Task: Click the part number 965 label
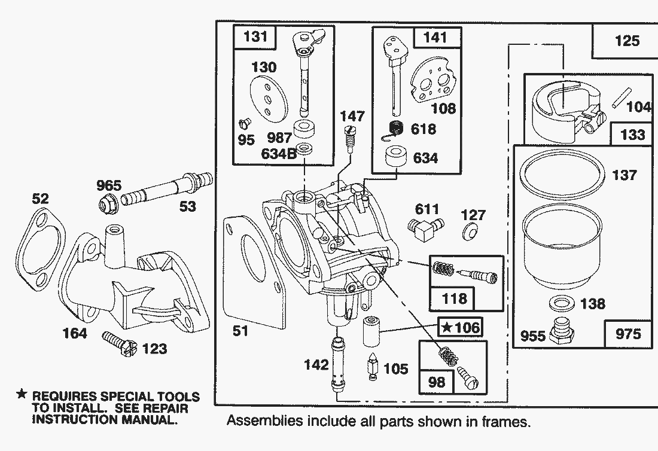109,185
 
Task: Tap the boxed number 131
256,37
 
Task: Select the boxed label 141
434,37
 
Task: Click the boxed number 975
627,334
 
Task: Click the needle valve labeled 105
372,367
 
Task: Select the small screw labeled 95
243,124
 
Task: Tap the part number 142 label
316,364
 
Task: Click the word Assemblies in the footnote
264,421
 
